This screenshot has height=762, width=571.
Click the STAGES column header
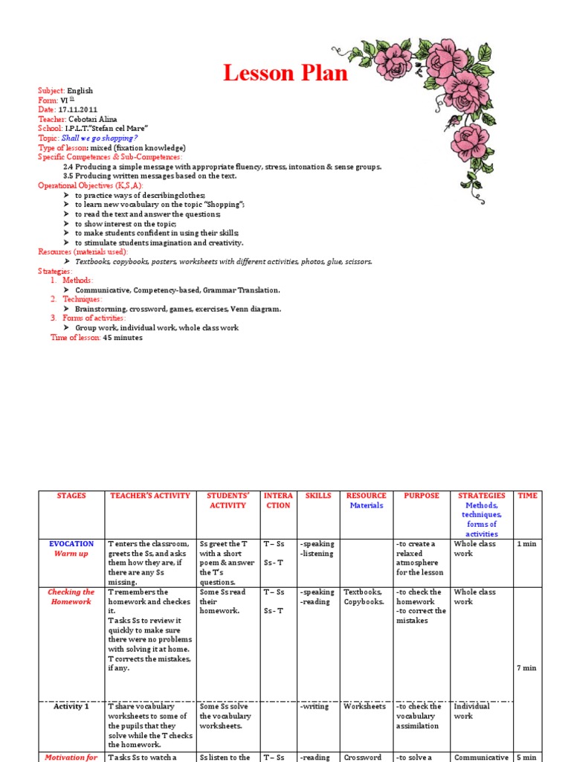pos(71,496)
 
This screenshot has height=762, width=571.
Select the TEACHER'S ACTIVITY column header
pos(149,496)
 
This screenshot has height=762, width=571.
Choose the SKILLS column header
pos(318,496)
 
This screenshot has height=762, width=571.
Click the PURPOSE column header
pos(422,496)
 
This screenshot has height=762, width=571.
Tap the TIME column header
pos(527,496)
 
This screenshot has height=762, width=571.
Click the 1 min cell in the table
pos(526,544)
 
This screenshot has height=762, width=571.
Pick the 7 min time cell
pos(526,667)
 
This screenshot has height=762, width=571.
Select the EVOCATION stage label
pos(71,544)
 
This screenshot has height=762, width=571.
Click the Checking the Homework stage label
pos(71,597)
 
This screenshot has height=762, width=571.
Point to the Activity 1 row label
pos(71,706)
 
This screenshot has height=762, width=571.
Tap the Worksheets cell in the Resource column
pos(364,706)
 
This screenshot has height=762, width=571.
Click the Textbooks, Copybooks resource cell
pos(364,597)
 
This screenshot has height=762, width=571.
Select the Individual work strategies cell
pos(473,711)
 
